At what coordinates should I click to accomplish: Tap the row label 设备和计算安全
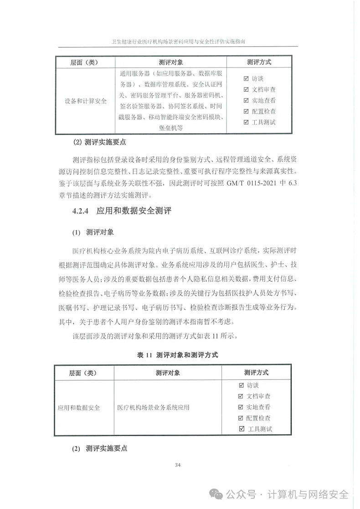click(85, 101)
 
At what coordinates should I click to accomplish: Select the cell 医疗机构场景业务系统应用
click(153, 407)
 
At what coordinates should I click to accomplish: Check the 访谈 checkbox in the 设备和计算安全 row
click(247, 78)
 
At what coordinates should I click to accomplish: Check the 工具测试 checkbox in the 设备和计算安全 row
click(247, 122)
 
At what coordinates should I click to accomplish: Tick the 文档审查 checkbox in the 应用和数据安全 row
click(241, 396)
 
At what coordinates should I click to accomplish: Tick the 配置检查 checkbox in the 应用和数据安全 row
click(241, 418)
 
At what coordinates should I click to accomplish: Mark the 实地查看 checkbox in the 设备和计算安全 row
click(247, 100)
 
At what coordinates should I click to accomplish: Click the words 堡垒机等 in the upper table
click(171, 128)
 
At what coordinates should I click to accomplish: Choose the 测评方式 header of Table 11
click(256, 373)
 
